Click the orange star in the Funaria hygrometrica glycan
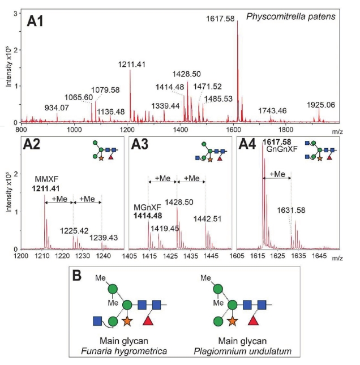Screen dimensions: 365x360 click(127, 321)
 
